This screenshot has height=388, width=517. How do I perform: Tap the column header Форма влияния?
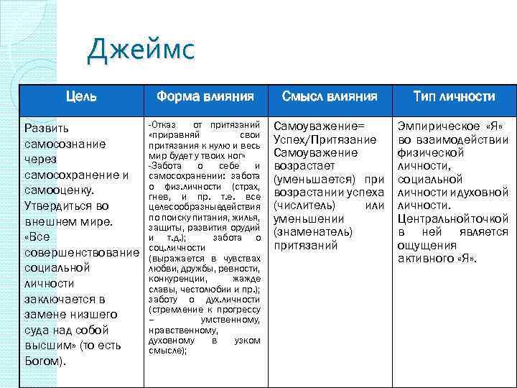coord(205,96)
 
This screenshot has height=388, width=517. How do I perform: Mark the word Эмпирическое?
coord(435,125)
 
